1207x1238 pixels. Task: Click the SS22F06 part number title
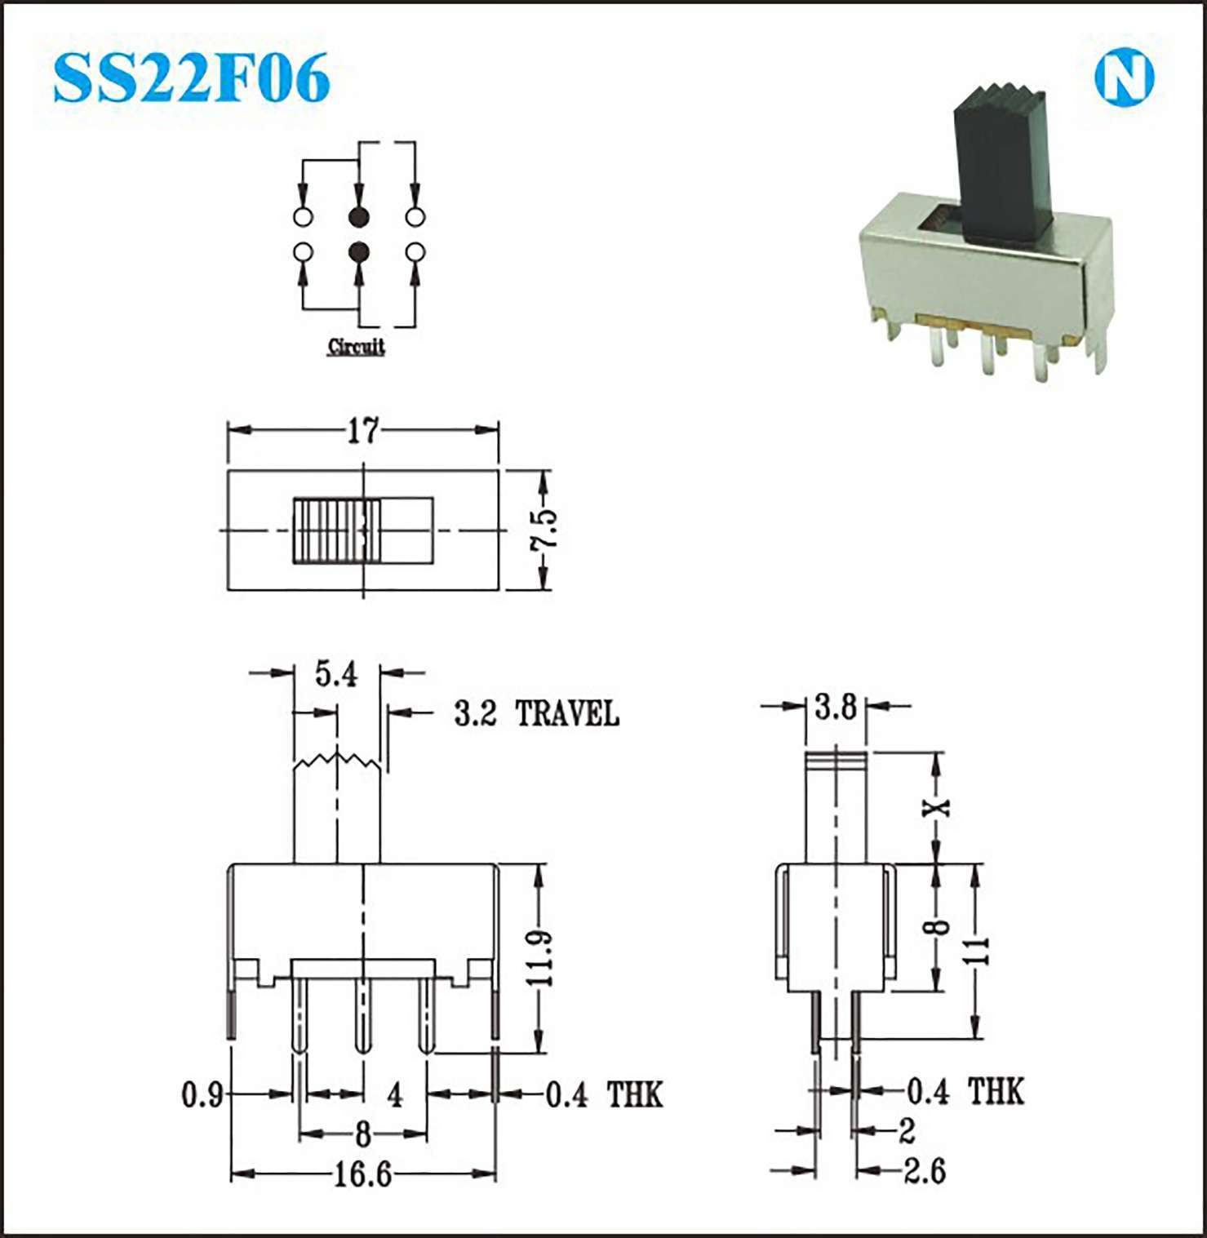click(x=192, y=78)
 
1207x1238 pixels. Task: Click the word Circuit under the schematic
click(x=356, y=346)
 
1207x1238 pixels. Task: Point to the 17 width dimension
click(x=363, y=430)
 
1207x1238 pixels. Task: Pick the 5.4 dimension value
click(x=336, y=674)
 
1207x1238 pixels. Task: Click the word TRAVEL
click(x=567, y=714)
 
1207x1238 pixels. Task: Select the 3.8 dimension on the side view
click(x=836, y=707)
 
